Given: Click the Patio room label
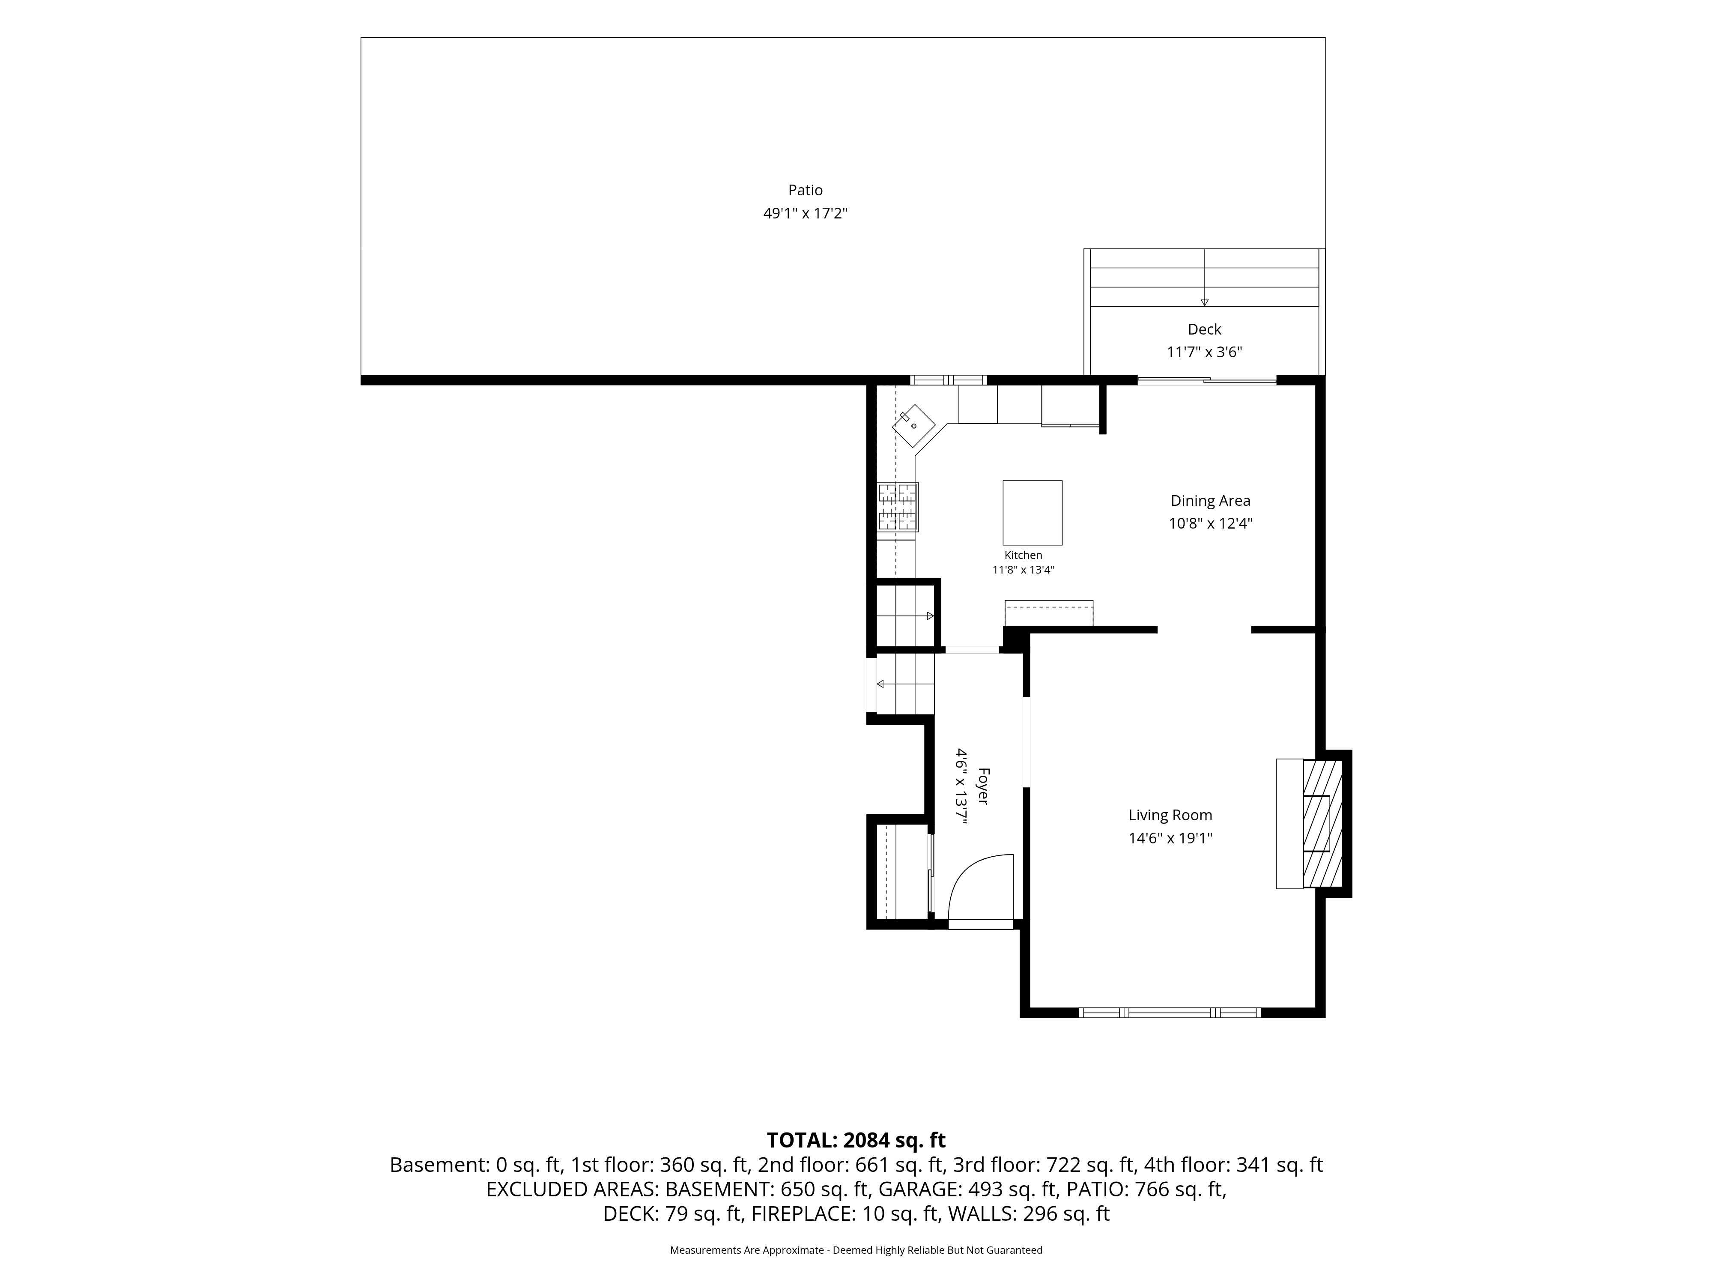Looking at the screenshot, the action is coord(806,190).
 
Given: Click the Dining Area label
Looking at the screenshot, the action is coord(1210,500).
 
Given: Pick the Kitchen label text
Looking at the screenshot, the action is coord(1023,556).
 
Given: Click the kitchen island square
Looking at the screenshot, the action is coord(1032,513).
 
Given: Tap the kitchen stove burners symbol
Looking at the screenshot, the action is coord(898,507).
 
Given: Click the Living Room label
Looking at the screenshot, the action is coord(1170,815).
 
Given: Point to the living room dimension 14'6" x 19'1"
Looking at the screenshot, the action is coord(1170,838).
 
